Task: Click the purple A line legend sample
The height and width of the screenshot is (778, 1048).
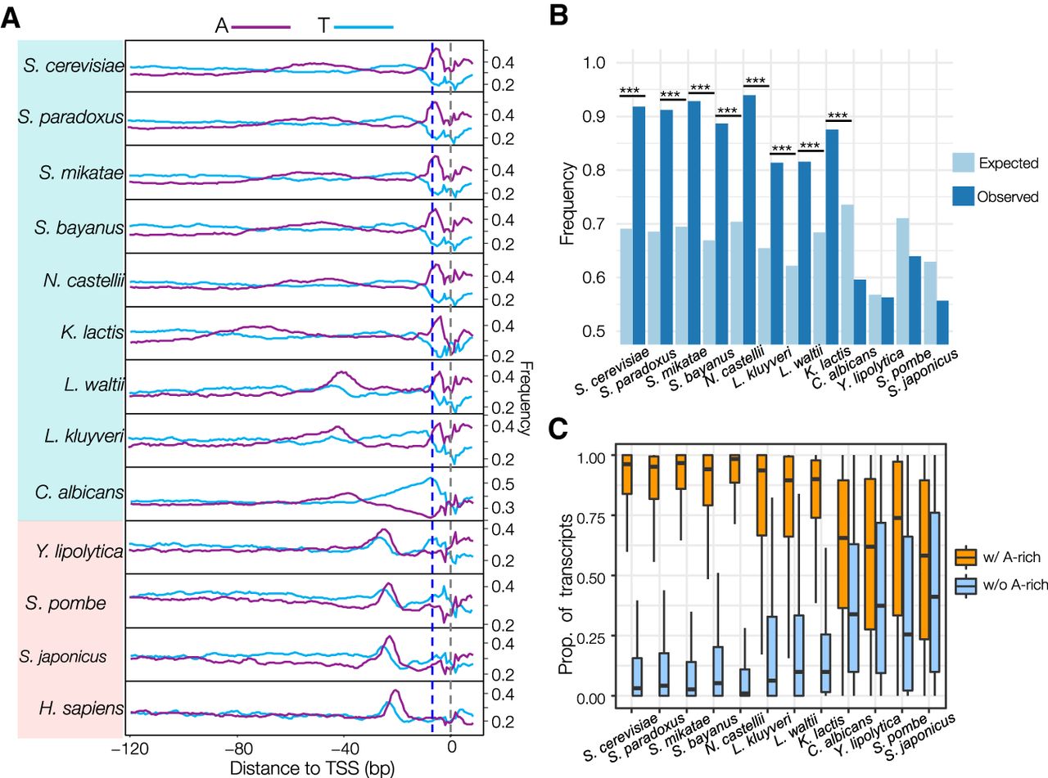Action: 260,27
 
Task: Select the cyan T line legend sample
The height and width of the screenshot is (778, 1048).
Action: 364,27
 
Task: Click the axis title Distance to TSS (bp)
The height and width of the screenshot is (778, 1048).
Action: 302,768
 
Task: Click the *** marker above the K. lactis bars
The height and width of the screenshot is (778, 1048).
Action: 839,115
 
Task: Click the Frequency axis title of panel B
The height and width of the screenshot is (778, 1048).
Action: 567,197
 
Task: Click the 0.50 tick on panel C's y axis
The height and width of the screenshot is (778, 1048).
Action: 588,577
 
